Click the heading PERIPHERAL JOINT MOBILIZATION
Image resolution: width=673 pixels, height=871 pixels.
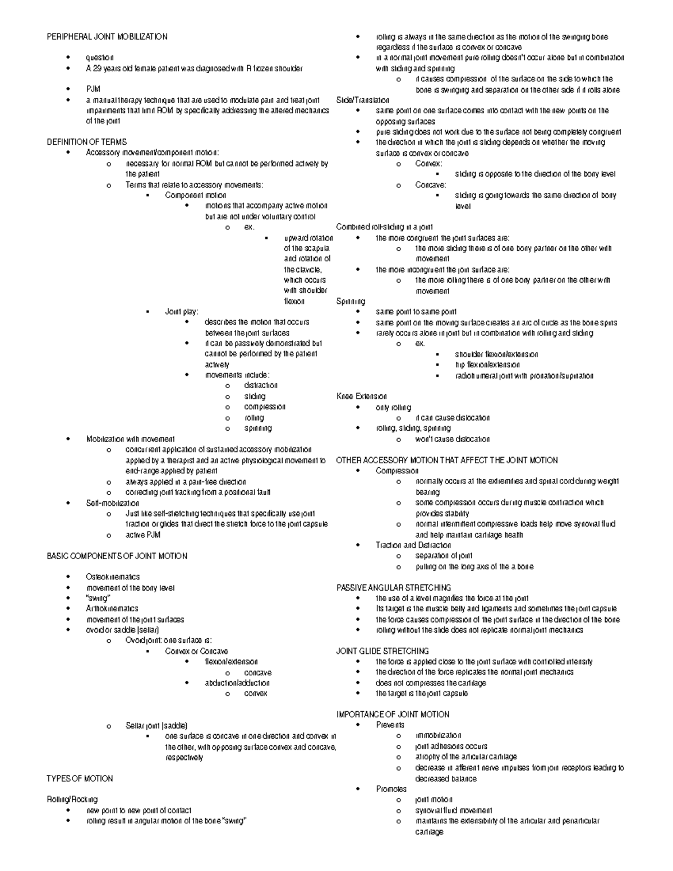click(107, 36)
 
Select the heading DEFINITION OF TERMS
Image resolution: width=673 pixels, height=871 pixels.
click(87, 142)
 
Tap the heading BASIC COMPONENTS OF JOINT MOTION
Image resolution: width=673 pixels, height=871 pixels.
click(117, 556)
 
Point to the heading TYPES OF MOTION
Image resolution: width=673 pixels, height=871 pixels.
click(80, 778)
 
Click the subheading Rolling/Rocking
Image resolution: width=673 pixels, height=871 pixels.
click(72, 799)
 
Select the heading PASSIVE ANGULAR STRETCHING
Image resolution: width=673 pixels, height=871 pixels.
click(393, 588)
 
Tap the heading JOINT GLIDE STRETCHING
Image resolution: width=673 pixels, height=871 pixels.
click(382, 651)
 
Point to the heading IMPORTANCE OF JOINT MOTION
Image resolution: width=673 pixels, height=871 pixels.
click(393, 715)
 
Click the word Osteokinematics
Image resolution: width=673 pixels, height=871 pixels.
click(113, 577)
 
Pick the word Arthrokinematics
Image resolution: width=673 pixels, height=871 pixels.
click(112, 609)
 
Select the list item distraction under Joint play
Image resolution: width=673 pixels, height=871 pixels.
click(261, 385)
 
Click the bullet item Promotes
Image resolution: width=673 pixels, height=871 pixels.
click(391, 789)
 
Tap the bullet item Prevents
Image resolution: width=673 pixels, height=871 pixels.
click(390, 725)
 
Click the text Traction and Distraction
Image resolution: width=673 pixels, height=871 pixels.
click(413, 545)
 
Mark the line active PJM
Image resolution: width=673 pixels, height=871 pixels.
click(142, 535)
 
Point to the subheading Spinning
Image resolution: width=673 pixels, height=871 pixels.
click(351, 301)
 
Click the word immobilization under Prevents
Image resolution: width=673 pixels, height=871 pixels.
click(438, 735)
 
